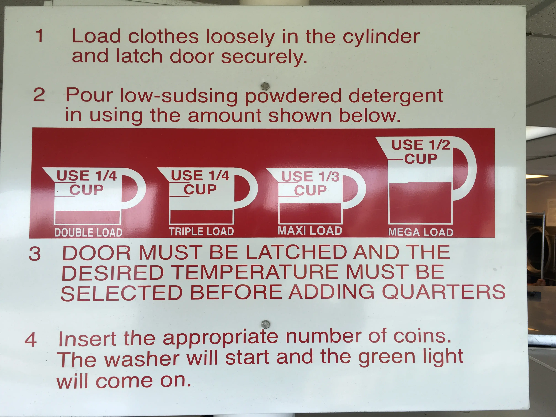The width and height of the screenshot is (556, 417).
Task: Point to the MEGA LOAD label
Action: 421,232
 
